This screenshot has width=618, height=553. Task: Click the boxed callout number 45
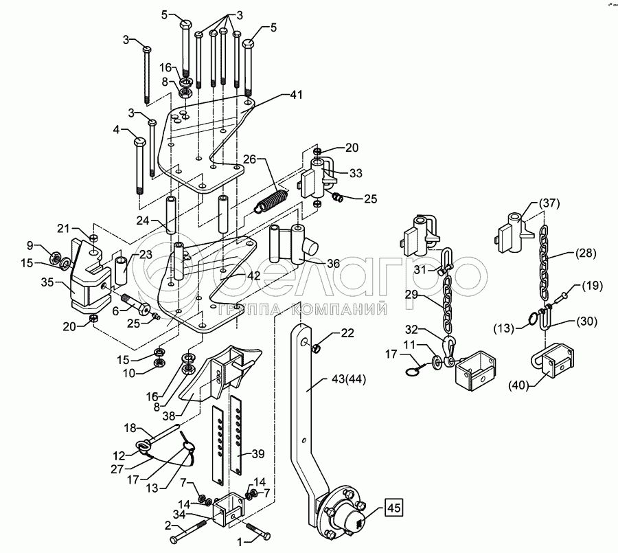click(394, 508)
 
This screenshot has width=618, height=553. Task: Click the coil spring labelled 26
click(272, 201)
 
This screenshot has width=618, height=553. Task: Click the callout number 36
click(333, 264)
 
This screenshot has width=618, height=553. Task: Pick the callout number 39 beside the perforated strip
click(257, 454)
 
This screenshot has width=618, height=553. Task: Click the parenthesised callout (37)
click(549, 203)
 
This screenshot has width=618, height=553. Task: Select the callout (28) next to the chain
click(586, 253)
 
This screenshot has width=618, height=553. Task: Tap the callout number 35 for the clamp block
click(47, 282)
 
